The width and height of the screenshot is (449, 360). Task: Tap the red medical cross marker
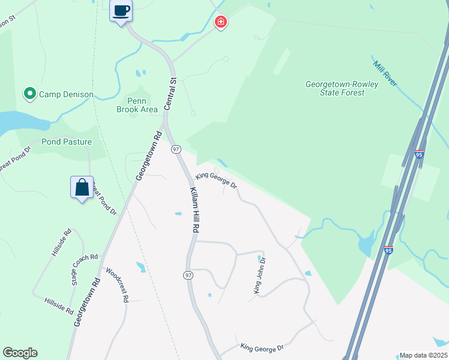coord(221,22)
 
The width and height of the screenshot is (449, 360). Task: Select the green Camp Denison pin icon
coord(29,94)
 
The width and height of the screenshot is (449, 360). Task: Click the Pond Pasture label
coord(67,142)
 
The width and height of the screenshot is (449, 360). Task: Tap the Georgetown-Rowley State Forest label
coord(342,88)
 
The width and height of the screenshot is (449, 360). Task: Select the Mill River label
coord(385,73)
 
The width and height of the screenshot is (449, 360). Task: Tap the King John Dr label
coord(259,276)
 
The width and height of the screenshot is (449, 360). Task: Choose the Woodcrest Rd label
coord(118,285)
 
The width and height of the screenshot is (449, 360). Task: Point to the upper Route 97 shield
coord(176,149)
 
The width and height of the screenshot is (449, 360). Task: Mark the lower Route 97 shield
coord(188,275)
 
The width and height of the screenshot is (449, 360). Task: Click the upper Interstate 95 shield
coord(419,154)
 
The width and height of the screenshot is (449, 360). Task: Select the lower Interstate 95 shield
coord(388,249)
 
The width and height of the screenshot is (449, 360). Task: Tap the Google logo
coord(20,353)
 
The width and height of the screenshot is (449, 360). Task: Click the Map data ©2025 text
coord(423,355)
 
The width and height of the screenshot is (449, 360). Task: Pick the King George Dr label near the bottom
coord(262,348)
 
